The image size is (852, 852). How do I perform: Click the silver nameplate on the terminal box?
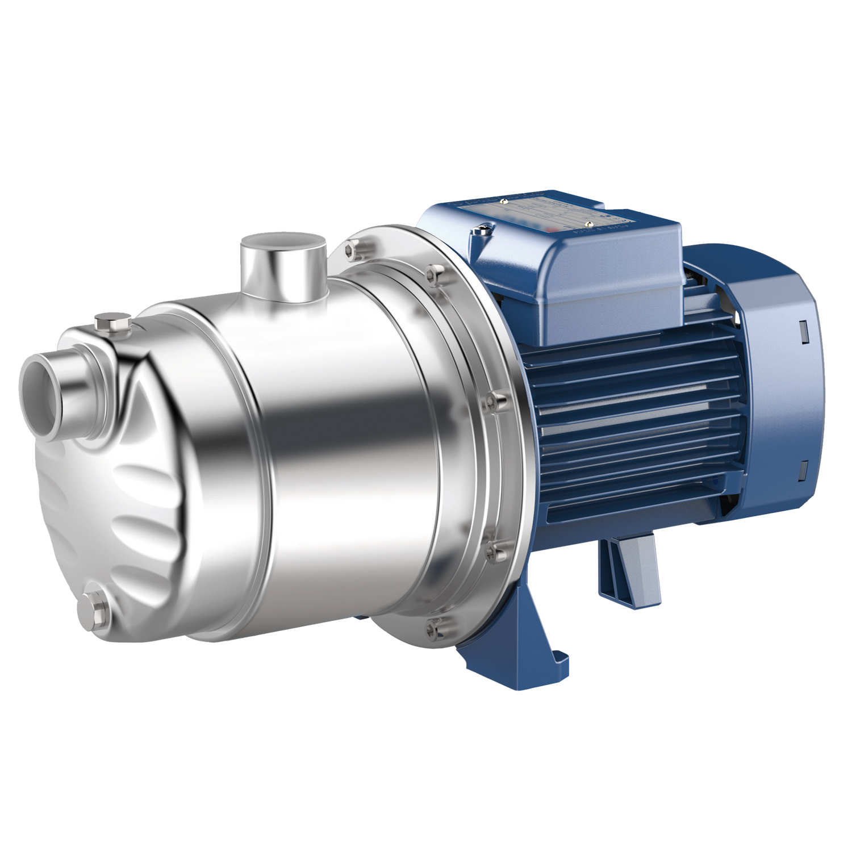[540, 216]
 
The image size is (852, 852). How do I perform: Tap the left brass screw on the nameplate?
[503, 201]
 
